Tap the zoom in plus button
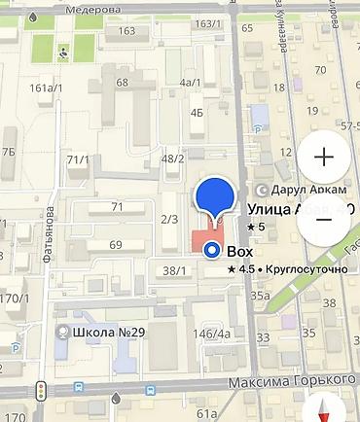(324, 157)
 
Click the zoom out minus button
(324, 218)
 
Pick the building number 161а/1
(46, 88)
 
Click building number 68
(122, 82)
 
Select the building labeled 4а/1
(191, 83)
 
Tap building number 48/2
(173, 158)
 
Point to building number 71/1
(78, 159)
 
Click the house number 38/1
(174, 271)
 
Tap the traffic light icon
(41, 392)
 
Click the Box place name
(239, 252)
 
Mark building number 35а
(259, 295)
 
